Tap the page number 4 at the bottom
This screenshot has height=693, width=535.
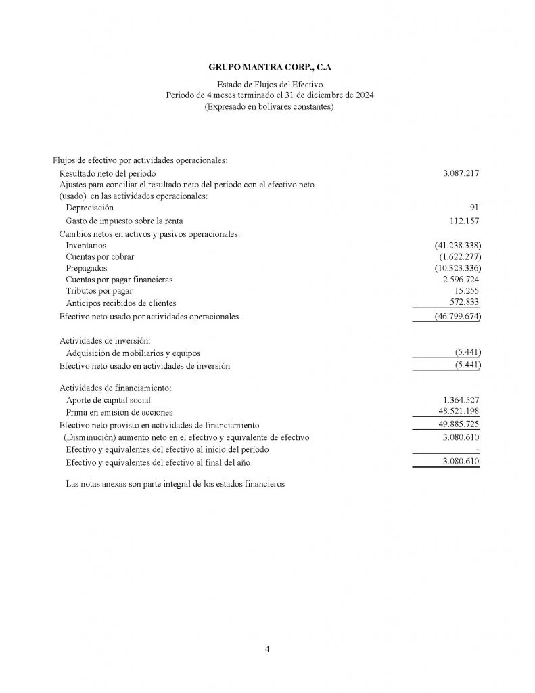pyautogui.click(x=267, y=650)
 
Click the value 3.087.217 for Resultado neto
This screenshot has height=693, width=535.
pyautogui.click(x=461, y=173)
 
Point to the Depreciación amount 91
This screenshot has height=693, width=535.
pyautogui.click(x=474, y=207)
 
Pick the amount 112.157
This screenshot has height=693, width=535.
pyautogui.click(x=465, y=221)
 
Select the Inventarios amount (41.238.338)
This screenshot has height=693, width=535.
pyautogui.click(x=458, y=245)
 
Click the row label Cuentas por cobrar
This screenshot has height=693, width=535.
pyautogui.click(x=99, y=256)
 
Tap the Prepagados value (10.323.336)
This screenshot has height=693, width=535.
pyautogui.click(x=458, y=268)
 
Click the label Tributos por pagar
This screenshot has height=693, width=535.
pyautogui.click(x=99, y=291)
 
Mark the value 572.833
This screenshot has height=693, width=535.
pyautogui.click(x=465, y=302)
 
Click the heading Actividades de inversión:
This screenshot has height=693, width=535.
pyautogui.click(x=105, y=340)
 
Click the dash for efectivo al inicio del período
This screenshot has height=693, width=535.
pyautogui.click(x=478, y=449)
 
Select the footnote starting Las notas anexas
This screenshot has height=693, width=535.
pyautogui.click(x=175, y=484)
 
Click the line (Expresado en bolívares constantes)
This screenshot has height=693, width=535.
pyautogui.click(x=269, y=107)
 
